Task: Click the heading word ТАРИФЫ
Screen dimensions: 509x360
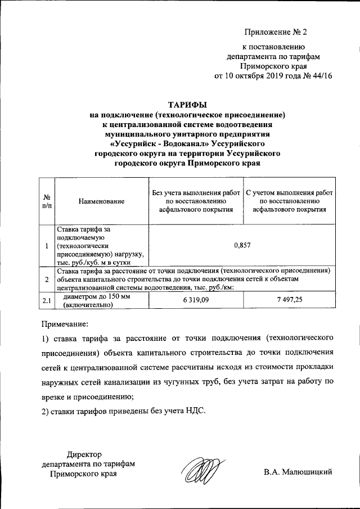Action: point(188,105)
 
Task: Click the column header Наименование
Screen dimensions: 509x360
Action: point(102,201)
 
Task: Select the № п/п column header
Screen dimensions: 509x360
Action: point(47,201)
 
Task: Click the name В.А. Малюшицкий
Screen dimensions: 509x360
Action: point(298,472)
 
